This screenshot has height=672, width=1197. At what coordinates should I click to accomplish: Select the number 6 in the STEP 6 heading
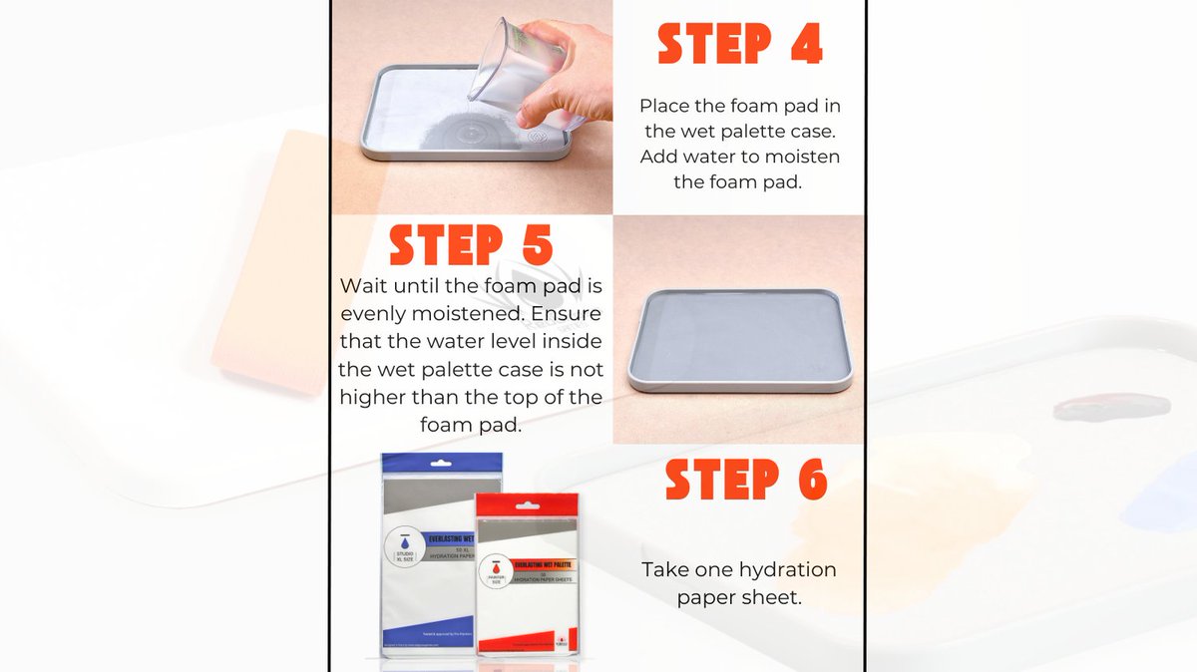click(806, 481)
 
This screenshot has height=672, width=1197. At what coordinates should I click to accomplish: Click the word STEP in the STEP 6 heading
click(721, 481)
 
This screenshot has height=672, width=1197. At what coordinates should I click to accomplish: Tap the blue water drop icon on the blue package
click(408, 536)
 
